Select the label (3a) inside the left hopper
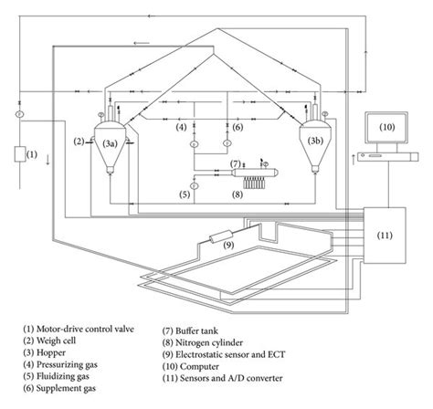[x=110, y=143]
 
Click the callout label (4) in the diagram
[x=182, y=126]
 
